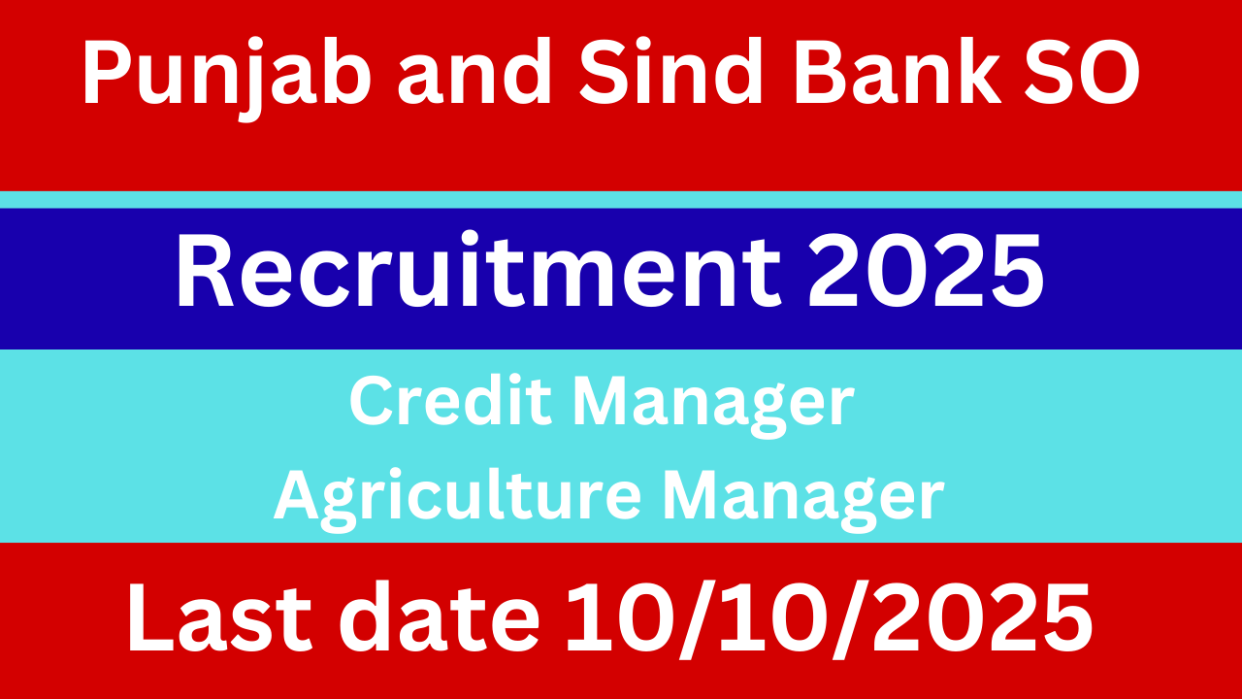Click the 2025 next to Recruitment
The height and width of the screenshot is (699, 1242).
pyautogui.click(x=926, y=273)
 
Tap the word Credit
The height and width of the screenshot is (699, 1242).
pyautogui.click(x=449, y=402)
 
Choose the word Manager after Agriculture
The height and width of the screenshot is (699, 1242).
pyautogui.click(x=802, y=498)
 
